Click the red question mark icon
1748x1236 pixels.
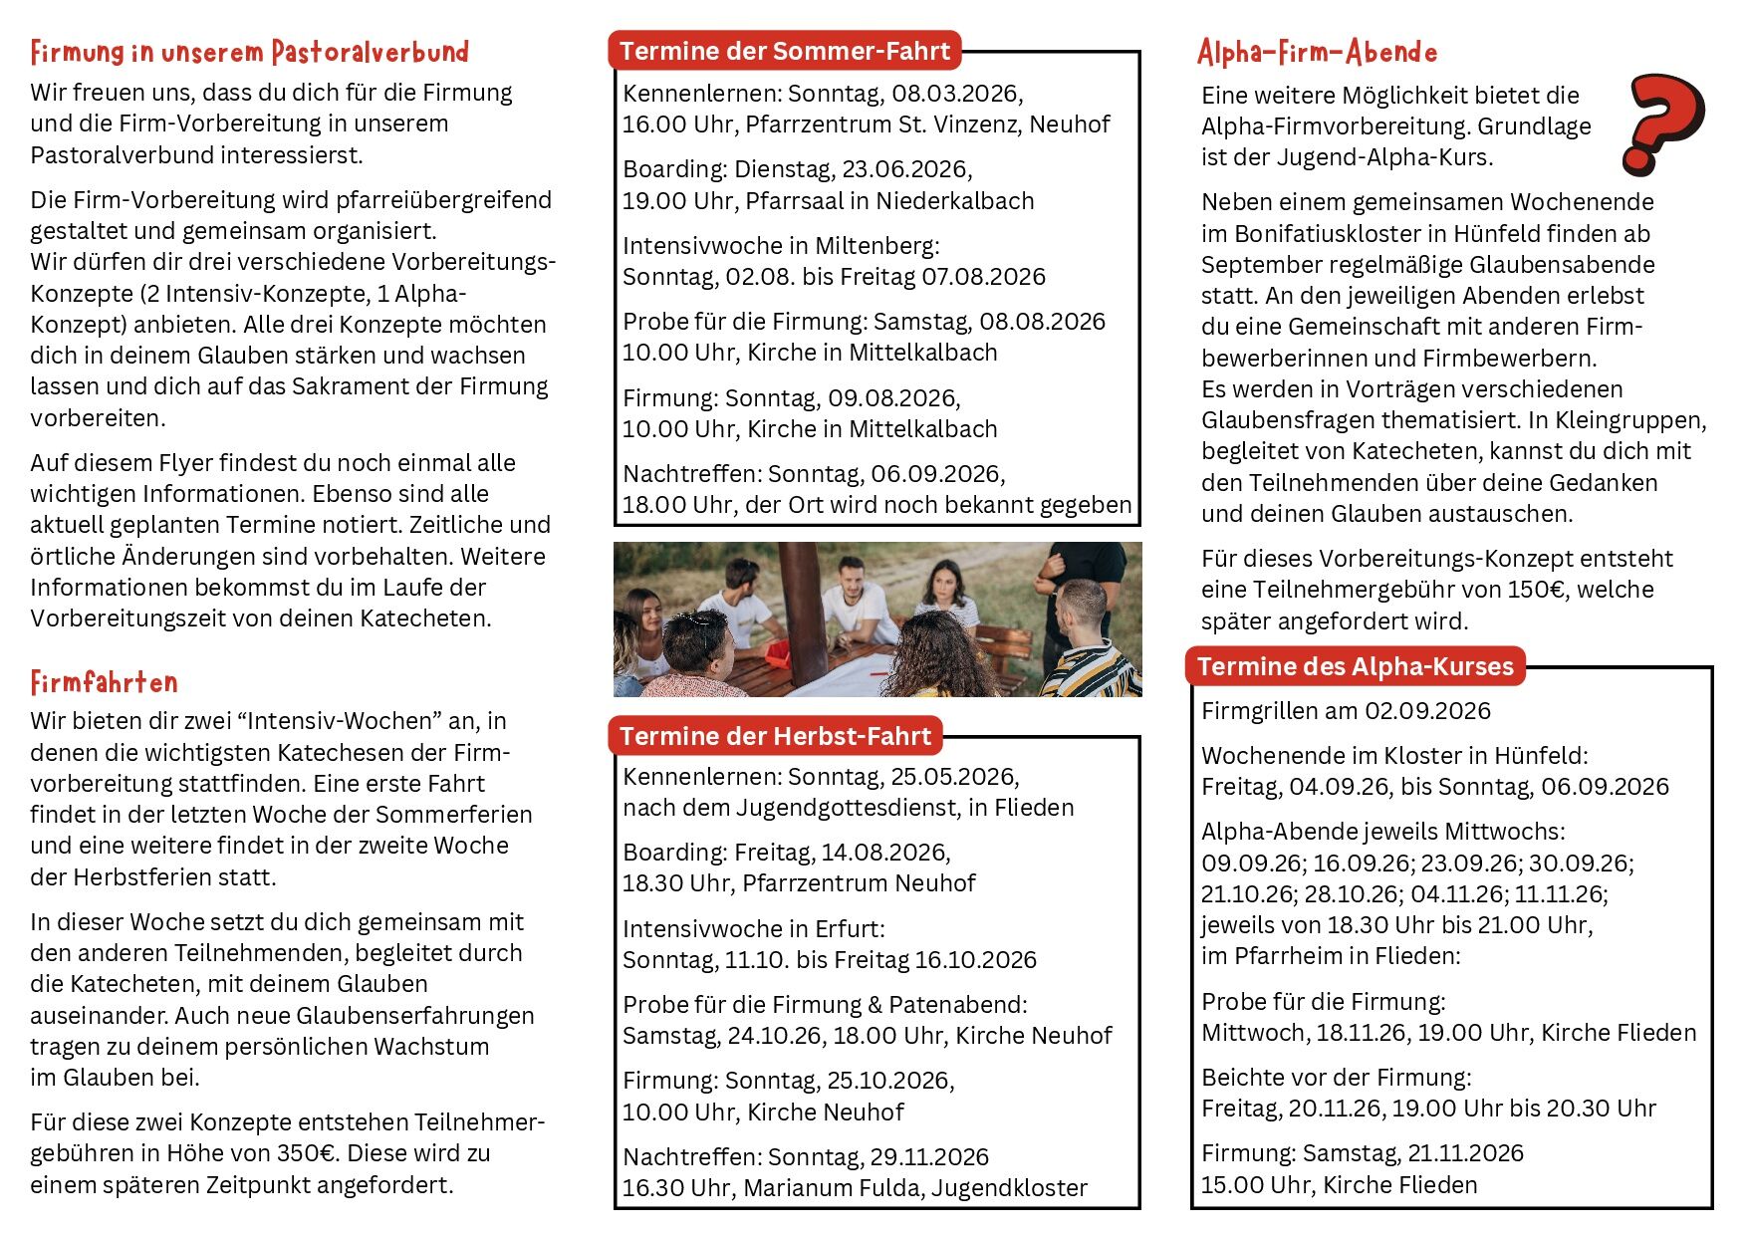pyautogui.click(x=1662, y=124)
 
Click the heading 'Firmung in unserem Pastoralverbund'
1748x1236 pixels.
pyautogui.click(x=249, y=52)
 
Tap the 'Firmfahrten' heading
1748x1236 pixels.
pyautogui.click(x=104, y=682)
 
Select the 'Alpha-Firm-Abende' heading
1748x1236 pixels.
pyautogui.click(x=1317, y=52)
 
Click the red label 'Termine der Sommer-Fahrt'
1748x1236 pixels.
pyautogui.click(x=785, y=51)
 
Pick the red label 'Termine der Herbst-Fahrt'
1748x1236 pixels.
pyautogui.click(x=775, y=736)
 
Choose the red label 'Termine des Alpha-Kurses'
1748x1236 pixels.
pyautogui.click(x=1355, y=666)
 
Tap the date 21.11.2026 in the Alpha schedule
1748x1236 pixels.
pyautogui.click(x=1465, y=1153)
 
